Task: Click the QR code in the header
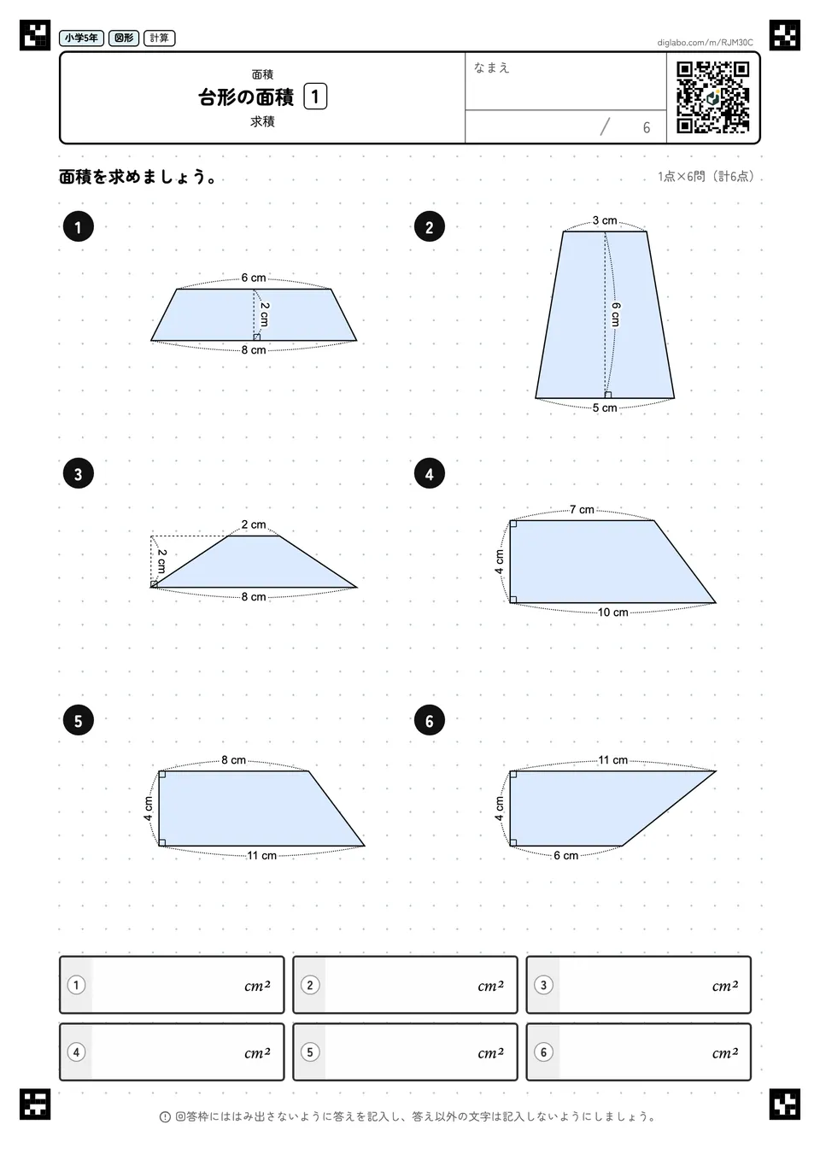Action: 713,97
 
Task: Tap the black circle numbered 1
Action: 79,227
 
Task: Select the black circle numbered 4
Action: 429,473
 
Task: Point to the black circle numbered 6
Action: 429,720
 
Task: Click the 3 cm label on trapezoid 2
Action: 605,220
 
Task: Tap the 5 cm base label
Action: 605,408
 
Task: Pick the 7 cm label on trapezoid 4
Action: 582,510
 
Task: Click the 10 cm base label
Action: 613,612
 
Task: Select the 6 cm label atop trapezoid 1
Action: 254,278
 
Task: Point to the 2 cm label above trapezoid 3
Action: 254,524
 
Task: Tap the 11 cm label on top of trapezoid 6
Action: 613,760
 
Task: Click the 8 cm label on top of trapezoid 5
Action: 233,760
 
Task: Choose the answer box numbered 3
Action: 638,985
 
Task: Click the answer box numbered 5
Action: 405,1052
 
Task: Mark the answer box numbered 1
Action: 172,985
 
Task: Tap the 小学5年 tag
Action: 82,38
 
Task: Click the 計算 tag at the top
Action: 160,38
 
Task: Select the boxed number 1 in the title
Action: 314,97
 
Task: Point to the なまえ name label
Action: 491,67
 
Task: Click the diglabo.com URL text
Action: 705,43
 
